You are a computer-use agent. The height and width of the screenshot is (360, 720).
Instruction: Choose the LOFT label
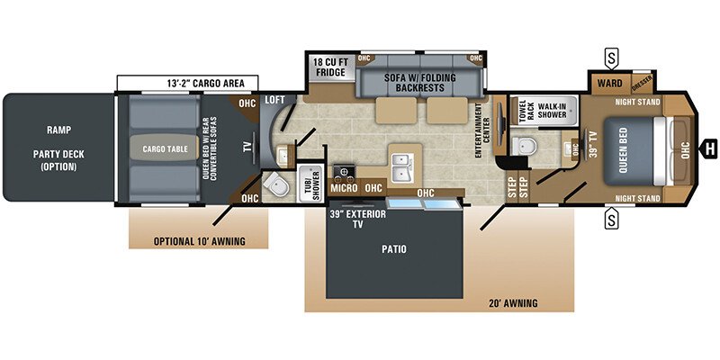click(274, 101)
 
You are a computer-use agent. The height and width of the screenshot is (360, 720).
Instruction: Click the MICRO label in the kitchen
click(343, 188)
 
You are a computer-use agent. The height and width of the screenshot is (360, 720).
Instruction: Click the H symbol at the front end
click(709, 148)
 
